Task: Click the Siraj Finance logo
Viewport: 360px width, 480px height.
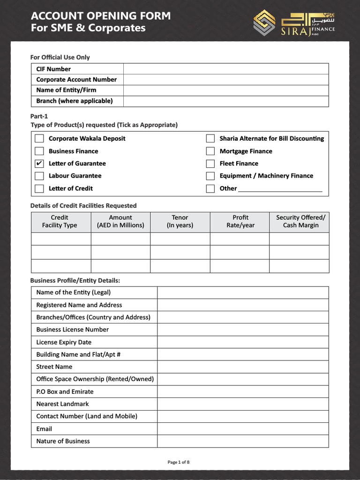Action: (294, 22)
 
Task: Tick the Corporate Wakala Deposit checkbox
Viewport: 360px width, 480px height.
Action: (39, 138)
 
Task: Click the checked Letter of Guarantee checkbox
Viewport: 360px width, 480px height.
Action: (39, 164)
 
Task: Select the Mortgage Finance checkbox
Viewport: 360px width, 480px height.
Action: (210, 151)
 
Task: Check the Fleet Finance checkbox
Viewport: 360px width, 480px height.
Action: (210, 164)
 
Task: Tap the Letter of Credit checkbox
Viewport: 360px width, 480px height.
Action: (39, 188)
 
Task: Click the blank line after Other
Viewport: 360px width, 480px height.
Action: (280, 188)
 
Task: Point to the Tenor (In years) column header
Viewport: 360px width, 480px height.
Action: (180, 221)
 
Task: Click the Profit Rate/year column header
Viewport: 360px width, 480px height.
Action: (240, 221)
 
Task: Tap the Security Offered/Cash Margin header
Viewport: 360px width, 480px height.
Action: (300, 221)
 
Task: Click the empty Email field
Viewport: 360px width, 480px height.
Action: (243, 429)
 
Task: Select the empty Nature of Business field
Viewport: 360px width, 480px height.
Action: (243, 441)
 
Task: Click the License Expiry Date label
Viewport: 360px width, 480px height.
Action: (64, 342)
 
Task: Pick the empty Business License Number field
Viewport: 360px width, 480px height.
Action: (243, 330)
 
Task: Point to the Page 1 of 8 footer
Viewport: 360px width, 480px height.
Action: (179, 462)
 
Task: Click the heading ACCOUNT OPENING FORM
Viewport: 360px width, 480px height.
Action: (101, 16)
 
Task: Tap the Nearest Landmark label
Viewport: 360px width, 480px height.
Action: (62, 404)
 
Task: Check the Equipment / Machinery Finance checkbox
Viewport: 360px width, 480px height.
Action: (210, 176)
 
